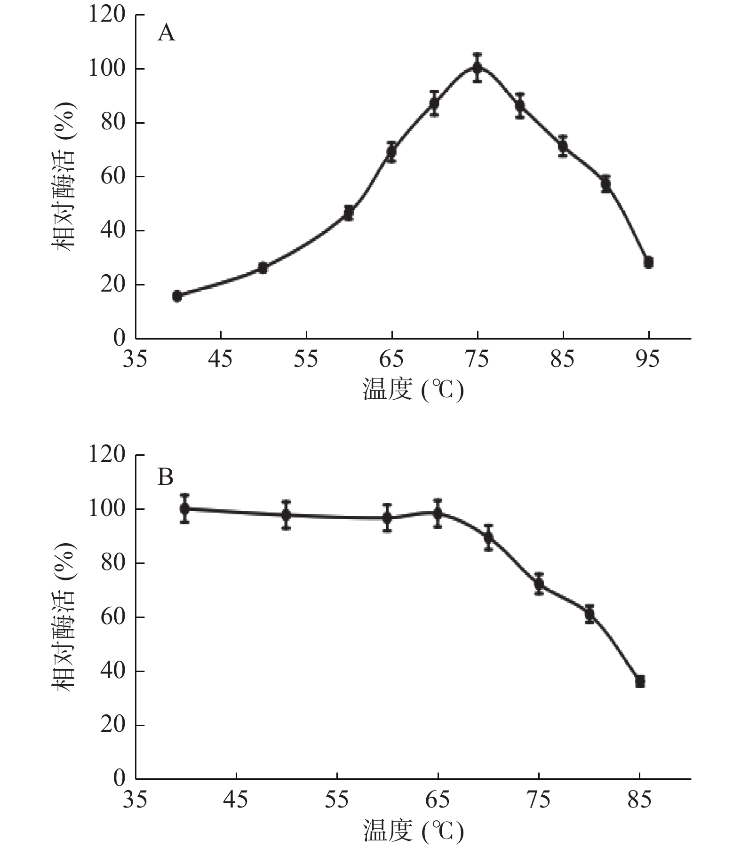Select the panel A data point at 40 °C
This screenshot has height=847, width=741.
(177, 296)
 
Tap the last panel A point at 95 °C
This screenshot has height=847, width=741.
(649, 262)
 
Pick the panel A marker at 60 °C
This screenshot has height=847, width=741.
(349, 213)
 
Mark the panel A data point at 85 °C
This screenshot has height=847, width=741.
(563, 146)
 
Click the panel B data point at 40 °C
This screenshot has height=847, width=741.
(185, 508)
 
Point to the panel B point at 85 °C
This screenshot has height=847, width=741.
(640, 681)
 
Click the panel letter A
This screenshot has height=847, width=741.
(166, 33)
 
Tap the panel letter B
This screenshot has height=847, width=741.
(165, 477)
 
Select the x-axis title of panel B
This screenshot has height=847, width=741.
(413, 831)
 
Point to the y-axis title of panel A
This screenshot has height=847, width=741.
(64, 176)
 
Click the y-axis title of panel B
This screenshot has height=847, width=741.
(64, 617)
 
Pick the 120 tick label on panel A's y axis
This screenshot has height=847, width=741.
(107, 15)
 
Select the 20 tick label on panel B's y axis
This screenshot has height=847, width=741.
(113, 725)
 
